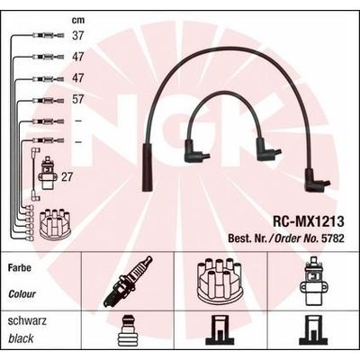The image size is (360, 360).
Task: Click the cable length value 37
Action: [x=78, y=35]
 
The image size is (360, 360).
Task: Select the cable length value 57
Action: [x=78, y=99]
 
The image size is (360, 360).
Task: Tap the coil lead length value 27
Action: [x=67, y=177]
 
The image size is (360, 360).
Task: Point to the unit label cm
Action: [x=78, y=21]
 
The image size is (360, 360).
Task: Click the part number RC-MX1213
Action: [x=308, y=221]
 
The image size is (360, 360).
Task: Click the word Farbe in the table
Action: [x=20, y=267]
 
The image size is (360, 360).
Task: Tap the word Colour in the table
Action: [x=22, y=294]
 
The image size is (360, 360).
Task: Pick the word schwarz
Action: [x=27, y=321]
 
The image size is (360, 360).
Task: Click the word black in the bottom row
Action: [x=21, y=339]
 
